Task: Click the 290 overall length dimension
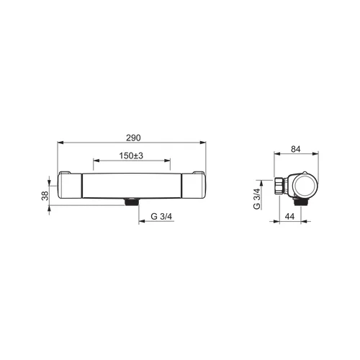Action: point(133,138)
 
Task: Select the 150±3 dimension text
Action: point(131,156)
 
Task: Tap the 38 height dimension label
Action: point(45,196)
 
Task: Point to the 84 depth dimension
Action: point(296,149)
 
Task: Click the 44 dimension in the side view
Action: point(289,217)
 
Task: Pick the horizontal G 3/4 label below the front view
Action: point(161,217)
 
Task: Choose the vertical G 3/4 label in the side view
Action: point(257,199)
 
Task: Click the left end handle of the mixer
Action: point(70,186)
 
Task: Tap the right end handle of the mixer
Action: point(194,186)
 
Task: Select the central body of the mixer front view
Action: point(132,186)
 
